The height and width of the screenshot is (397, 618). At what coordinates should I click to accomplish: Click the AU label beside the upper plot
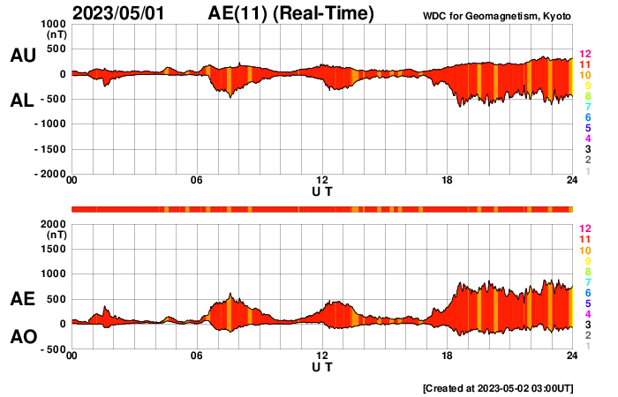coord(22,56)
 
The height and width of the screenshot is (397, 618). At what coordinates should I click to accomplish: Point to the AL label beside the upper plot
coord(22,101)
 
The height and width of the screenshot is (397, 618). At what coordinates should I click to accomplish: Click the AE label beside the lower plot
coord(22,299)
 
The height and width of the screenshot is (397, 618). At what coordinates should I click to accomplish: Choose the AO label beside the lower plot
coord(22,336)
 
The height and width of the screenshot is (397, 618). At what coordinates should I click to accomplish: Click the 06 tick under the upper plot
coord(197,181)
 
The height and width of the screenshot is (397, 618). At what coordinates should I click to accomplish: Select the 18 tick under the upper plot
coord(448,181)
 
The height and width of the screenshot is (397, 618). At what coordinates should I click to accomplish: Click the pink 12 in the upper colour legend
coord(584,54)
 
